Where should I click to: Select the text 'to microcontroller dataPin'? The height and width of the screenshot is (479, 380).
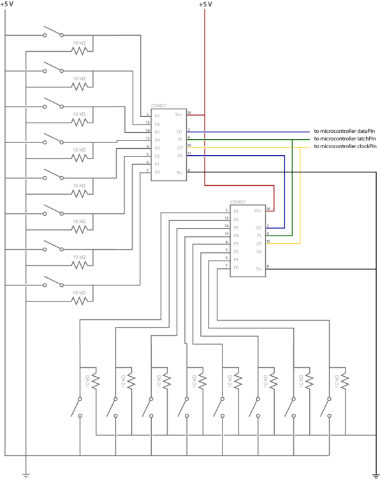[x=344, y=131]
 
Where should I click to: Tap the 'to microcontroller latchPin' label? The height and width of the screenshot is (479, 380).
[x=344, y=139]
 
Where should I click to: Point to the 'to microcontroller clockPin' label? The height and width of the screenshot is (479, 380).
[x=345, y=147]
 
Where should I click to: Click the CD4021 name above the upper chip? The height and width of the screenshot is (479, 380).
[x=159, y=105]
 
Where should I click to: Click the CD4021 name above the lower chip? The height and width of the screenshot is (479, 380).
[x=238, y=201]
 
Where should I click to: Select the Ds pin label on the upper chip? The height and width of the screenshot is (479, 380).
[x=180, y=155]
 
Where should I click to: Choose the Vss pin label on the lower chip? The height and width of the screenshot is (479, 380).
[x=258, y=269]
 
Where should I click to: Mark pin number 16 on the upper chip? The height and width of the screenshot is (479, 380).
[x=189, y=113]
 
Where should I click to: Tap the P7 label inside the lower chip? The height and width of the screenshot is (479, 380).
[x=236, y=211]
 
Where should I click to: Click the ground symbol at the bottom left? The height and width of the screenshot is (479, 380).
[x=26, y=474]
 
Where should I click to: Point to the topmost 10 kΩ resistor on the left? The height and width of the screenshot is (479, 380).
[x=79, y=50]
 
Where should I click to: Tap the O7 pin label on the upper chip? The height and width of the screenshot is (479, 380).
[x=180, y=131]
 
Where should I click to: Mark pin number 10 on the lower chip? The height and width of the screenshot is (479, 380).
[x=268, y=241]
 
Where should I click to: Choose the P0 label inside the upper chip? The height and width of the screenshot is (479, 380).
[x=157, y=172]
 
